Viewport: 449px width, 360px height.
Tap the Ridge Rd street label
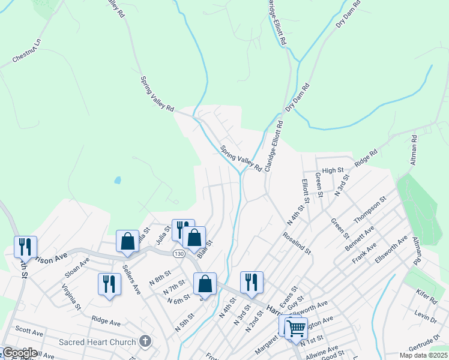[366, 158]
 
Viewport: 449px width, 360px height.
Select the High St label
[333, 171]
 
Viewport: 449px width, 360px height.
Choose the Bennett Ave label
[360, 239]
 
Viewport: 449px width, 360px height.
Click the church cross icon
[145, 342]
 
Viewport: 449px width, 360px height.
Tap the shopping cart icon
[296, 328]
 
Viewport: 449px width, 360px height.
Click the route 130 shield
[178, 254]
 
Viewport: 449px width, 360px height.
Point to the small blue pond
[118, 180]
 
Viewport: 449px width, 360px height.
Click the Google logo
[19, 353]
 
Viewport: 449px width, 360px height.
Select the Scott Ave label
[29, 331]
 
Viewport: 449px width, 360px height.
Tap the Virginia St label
[71, 297]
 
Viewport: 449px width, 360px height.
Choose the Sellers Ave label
[131, 277]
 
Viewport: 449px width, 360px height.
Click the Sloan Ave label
[77, 268]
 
